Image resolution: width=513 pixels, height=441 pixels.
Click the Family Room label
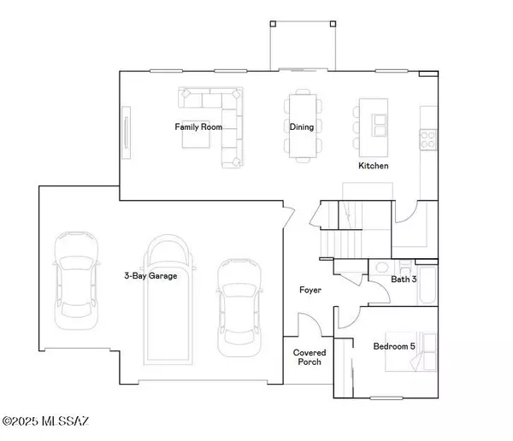198,127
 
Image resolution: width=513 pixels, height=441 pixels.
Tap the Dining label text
301,127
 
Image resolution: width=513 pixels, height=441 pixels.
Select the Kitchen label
373,166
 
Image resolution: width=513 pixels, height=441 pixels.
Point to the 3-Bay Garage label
150,276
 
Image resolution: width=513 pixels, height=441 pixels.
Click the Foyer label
310,291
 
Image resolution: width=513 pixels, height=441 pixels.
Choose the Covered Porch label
308,357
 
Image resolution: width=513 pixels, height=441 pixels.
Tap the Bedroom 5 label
395,347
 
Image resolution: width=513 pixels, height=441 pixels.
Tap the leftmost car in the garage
74,279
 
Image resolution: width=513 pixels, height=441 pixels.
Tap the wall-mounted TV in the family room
127,132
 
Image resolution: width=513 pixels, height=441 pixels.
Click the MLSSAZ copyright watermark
51,421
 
